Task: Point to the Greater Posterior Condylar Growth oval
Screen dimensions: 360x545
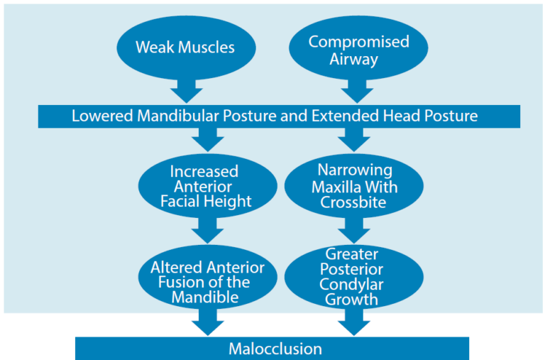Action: [x=353, y=277]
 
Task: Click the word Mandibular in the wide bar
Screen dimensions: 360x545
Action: [x=175, y=116]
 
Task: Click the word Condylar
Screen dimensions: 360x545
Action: [x=353, y=285]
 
